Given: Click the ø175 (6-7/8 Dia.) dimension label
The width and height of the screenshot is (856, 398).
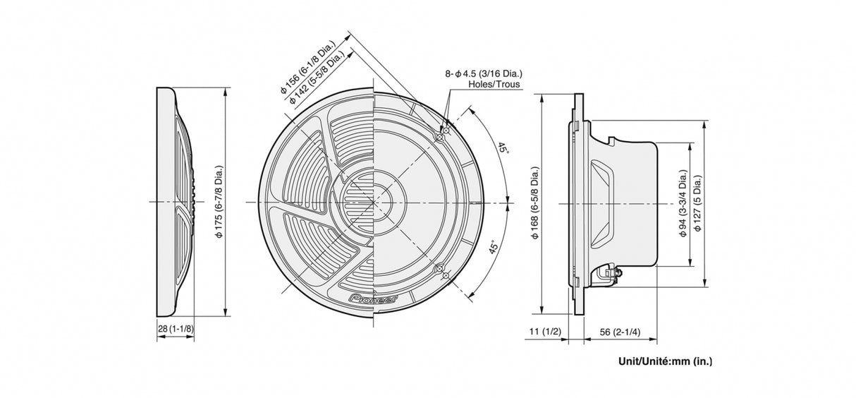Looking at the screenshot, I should point(219,203).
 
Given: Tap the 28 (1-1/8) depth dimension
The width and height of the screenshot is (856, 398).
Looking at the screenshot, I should point(176,329).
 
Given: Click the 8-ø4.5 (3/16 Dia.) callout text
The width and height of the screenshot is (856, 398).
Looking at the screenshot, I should point(483,73).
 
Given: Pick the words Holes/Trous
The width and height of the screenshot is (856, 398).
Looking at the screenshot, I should point(494,84).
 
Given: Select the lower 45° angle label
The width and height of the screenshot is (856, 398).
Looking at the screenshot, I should point(494,248).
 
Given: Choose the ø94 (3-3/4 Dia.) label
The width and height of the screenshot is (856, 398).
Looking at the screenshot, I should point(683,203).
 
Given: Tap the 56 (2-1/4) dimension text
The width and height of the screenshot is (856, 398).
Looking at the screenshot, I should point(620,331).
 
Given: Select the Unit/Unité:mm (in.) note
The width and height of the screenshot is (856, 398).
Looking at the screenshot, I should point(665,361).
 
